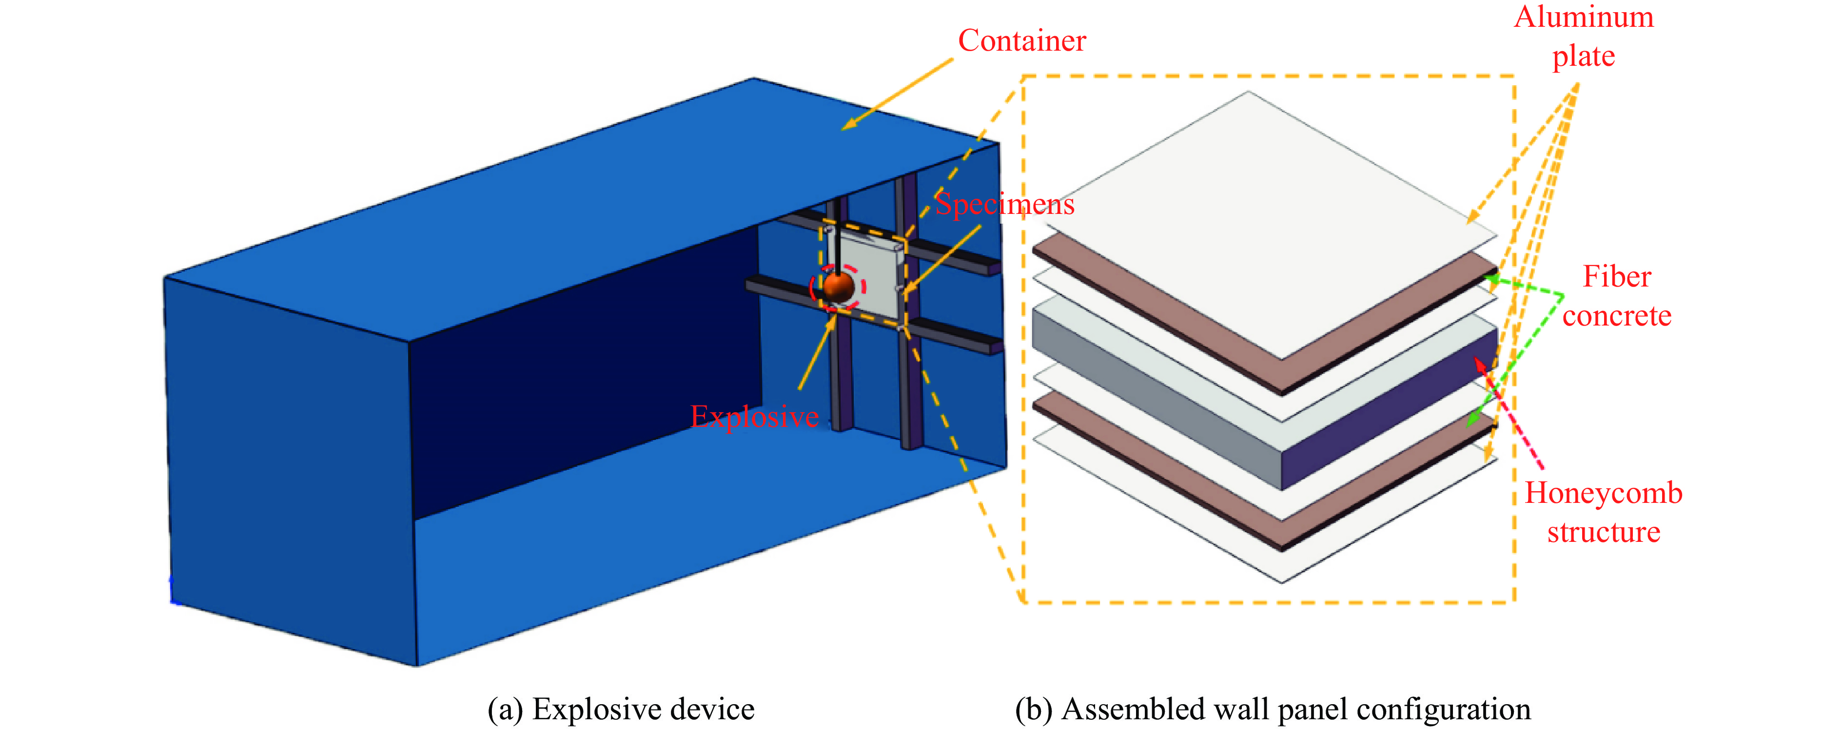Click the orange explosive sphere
(838, 287)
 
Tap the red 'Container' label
(1021, 41)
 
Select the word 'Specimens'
(1004, 205)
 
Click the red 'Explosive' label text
(754, 416)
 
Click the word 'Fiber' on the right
(1616, 277)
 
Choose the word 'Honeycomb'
(1603, 494)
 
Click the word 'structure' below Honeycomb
(1603, 532)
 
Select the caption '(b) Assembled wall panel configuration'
(1273, 709)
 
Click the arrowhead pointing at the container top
(848, 125)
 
